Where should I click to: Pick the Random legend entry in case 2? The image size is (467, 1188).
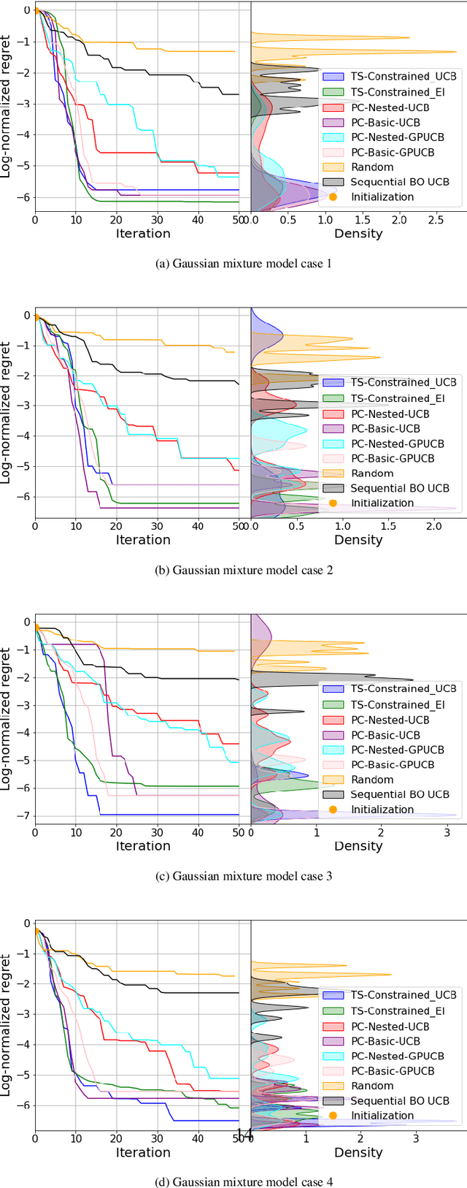(x=371, y=473)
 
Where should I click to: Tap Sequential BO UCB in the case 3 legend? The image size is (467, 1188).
(x=400, y=794)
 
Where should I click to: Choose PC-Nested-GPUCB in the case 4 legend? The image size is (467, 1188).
(x=397, y=1056)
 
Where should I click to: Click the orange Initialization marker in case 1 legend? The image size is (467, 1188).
(x=333, y=197)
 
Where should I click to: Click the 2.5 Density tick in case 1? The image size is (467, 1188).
(x=436, y=220)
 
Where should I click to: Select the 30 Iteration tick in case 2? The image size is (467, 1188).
(x=158, y=526)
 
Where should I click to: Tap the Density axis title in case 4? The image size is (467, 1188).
(x=358, y=1152)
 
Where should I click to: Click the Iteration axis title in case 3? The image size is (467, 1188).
(x=143, y=846)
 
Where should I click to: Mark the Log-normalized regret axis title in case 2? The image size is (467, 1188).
(x=7, y=413)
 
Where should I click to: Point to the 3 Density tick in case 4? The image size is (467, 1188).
(x=416, y=1138)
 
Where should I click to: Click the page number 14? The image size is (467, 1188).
(x=244, y=1134)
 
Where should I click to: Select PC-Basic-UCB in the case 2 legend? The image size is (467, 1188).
(x=385, y=429)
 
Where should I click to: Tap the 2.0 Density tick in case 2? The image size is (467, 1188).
(x=434, y=526)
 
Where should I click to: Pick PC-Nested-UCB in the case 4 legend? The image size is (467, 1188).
(x=390, y=1027)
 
